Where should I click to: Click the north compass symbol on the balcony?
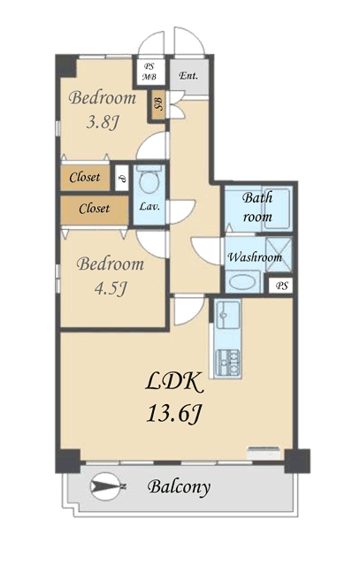[x=106, y=486]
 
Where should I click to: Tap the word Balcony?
[x=179, y=487]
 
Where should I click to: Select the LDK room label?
[x=174, y=383]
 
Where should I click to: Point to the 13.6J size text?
[x=173, y=413]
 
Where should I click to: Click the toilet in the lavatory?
[x=149, y=180]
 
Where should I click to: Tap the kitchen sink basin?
[x=228, y=315]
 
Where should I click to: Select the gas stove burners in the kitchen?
[x=227, y=363]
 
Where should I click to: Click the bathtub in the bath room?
[x=277, y=209]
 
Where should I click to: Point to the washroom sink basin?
[x=242, y=282]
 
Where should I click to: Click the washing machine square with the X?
[x=279, y=255]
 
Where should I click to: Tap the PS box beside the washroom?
[x=281, y=286]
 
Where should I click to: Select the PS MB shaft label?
[x=149, y=72]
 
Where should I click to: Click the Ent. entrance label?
[x=188, y=76]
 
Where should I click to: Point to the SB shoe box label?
[x=158, y=104]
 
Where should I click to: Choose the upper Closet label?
[x=85, y=177]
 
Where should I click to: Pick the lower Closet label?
[x=95, y=209]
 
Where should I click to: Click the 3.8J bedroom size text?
[x=103, y=123]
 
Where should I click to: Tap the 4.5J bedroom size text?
[x=111, y=288]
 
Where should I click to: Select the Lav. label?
[x=149, y=207]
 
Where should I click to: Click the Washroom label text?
[x=255, y=257]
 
